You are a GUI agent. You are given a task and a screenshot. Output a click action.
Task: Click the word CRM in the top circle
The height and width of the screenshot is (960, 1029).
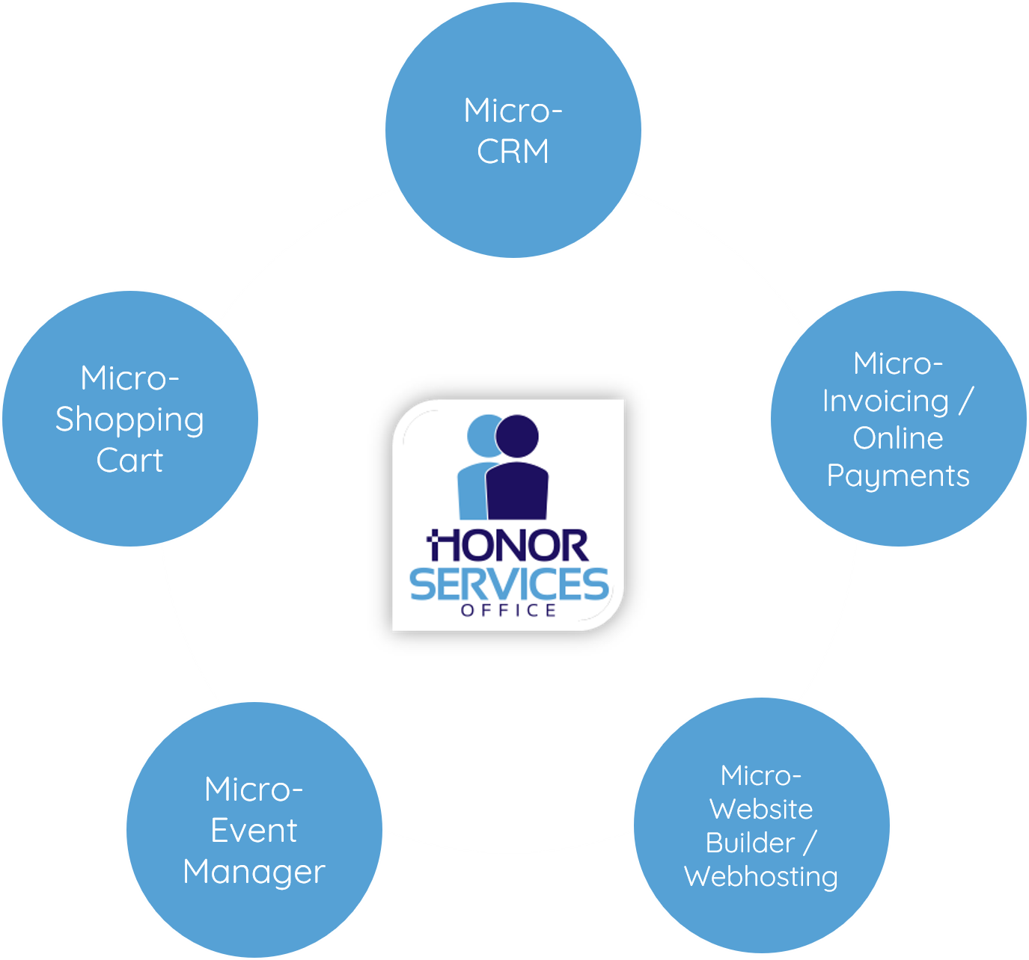click(513, 152)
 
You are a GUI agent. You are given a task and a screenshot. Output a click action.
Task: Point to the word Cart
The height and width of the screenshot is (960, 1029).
click(129, 461)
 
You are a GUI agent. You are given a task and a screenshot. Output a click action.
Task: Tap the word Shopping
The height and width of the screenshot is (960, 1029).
click(129, 420)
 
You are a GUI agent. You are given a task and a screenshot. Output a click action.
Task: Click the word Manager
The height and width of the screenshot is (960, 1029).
click(254, 872)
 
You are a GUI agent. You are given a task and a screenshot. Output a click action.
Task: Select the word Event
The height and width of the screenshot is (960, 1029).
click(254, 831)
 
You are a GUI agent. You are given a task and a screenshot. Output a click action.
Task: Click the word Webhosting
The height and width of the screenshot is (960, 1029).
click(761, 876)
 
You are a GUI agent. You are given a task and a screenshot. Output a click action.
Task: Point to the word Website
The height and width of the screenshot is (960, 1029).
click(761, 809)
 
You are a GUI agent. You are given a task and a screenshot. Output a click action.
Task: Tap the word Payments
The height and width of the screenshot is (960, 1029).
click(898, 476)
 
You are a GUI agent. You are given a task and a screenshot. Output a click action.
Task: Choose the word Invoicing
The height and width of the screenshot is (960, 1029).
click(885, 401)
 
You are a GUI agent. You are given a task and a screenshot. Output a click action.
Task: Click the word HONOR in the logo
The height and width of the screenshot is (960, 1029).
click(508, 547)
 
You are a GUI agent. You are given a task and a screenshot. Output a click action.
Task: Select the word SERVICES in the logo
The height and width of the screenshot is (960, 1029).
click(509, 585)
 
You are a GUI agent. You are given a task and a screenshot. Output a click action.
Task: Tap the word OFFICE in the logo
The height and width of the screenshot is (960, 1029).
click(509, 611)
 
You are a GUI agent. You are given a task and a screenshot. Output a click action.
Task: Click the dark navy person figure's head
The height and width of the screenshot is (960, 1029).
click(517, 435)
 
